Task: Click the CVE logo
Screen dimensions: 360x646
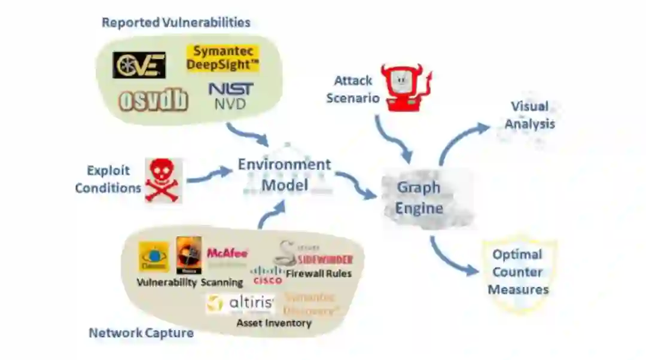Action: pos(139,65)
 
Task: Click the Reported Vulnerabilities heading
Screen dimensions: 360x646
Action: pos(176,23)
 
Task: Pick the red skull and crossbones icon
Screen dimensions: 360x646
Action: pos(163,180)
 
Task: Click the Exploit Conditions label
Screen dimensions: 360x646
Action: pos(108,179)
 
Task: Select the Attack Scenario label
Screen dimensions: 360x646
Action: pos(353,89)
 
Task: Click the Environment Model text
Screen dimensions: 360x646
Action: pos(284,174)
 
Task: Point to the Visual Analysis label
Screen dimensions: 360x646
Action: pos(530,115)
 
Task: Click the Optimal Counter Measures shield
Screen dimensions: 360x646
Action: pos(519,272)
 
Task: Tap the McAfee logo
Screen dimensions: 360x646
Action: pos(227,254)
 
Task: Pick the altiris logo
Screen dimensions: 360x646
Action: pos(240,303)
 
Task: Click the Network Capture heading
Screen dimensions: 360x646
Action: pos(141,332)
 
